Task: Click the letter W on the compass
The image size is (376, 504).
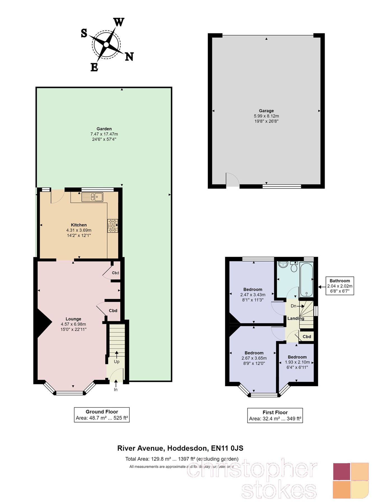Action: click(x=119, y=22)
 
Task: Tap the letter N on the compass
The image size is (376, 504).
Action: click(x=129, y=57)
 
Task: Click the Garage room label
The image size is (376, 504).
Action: click(x=266, y=111)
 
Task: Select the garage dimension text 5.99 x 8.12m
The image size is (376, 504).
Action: click(x=266, y=116)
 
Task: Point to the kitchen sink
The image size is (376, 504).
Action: click(x=92, y=197)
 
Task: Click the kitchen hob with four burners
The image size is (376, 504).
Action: click(x=113, y=226)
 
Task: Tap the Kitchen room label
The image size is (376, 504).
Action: click(x=79, y=225)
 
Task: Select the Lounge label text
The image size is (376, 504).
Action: click(x=73, y=319)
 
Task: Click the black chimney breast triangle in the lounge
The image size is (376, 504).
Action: click(x=43, y=323)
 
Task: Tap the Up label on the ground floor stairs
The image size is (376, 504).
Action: click(x=116, y=361)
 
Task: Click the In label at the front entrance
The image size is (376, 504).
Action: click(x=116, y=389)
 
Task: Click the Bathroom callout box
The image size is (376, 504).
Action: click(x=340, y=286)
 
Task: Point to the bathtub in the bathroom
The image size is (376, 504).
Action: click(x=306, y=279)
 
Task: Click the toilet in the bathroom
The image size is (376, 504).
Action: click(x=294, y=267)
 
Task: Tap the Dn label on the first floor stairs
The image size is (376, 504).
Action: click(x=293, y=306)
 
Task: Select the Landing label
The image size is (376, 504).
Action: click(x=296, y=318)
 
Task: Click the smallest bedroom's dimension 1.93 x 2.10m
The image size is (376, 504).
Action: click(x=297, y=362)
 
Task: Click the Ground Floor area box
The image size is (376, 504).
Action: click(x=102, y=415)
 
